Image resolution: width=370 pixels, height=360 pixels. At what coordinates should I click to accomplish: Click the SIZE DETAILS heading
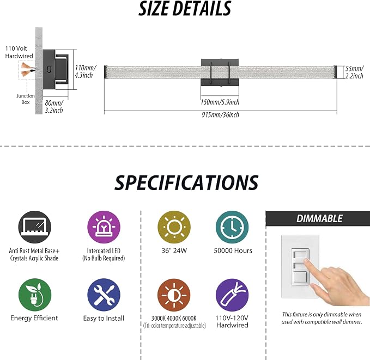[185, 9]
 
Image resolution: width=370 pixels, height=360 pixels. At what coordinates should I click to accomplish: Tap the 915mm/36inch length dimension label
[220, 115]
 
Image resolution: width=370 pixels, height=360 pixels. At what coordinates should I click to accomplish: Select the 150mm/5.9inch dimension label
[220, 102]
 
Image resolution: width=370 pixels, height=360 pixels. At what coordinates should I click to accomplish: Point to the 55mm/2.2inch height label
[354, 72]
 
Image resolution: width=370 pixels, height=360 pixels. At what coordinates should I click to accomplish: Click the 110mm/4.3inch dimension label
[86, 71]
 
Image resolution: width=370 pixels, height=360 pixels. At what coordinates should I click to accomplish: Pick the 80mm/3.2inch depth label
[54, 107]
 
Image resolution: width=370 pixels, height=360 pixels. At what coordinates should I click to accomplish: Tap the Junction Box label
[26, 99]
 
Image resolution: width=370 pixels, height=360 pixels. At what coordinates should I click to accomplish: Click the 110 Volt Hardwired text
[19, 52]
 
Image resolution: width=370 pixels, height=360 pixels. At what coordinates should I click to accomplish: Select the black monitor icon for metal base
[35, 227]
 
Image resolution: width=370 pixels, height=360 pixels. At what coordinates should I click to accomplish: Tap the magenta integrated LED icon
[104, 227]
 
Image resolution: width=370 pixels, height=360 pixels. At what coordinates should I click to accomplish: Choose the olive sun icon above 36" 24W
[174, 227]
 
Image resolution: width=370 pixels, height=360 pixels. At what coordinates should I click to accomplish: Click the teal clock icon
[232, 227]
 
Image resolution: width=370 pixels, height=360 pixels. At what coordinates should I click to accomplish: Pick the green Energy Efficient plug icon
[35, 295]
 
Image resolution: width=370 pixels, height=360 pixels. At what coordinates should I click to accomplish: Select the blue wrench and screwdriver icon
[104, 295]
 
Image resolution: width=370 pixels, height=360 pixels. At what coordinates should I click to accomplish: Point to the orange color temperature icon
[174, 295]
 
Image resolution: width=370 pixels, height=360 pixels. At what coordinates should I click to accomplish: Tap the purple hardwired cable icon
[232, 295]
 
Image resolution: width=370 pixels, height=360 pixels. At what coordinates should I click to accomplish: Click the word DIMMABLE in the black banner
[319, 219]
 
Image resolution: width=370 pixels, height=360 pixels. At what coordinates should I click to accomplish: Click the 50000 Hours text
[233, 251]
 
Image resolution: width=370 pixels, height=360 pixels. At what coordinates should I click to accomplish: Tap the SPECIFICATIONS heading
[186, 183]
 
